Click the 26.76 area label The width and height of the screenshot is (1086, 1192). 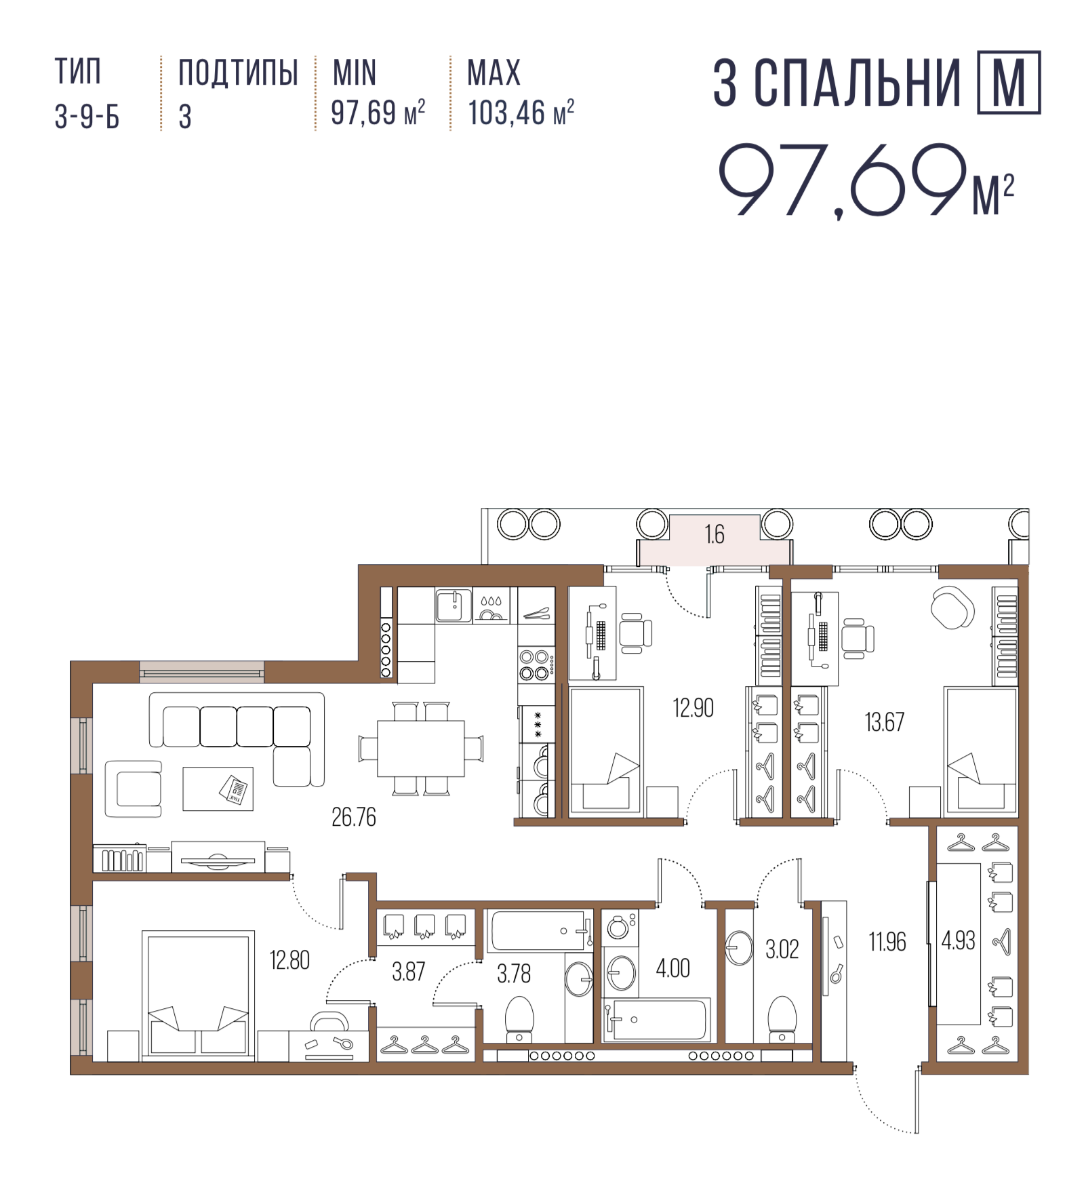tap(353, 817)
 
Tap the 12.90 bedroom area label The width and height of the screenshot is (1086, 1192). tap(693, 708)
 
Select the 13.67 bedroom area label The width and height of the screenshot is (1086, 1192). tap(884, 722)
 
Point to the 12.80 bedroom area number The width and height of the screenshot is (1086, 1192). tap(289, 960)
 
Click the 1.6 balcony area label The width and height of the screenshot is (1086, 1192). tap(715, 534)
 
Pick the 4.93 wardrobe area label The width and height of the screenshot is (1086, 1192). tap(958, 940)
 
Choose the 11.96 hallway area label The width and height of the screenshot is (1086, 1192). tap(887, 942)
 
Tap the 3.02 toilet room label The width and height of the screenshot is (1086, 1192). tap(782, 949)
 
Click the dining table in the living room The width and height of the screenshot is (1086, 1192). tap(421, 749)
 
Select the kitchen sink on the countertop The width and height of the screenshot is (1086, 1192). tap(454, 605)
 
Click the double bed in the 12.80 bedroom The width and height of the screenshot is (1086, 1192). tap(198, 997)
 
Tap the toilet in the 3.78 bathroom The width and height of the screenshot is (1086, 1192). tap(519, 1018)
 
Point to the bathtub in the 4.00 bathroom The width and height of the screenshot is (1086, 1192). tap(656, 1020)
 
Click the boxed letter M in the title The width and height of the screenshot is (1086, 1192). tap(1009, 82)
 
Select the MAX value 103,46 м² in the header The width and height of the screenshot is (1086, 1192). tap(521, 113)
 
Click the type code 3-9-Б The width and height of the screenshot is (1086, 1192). tap(87, 117)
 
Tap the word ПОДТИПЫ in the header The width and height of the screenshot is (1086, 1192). tap(238, 73)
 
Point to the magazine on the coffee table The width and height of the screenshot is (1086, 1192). tap(233, 789)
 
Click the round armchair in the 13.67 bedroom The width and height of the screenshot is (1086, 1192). tap(952, 608)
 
